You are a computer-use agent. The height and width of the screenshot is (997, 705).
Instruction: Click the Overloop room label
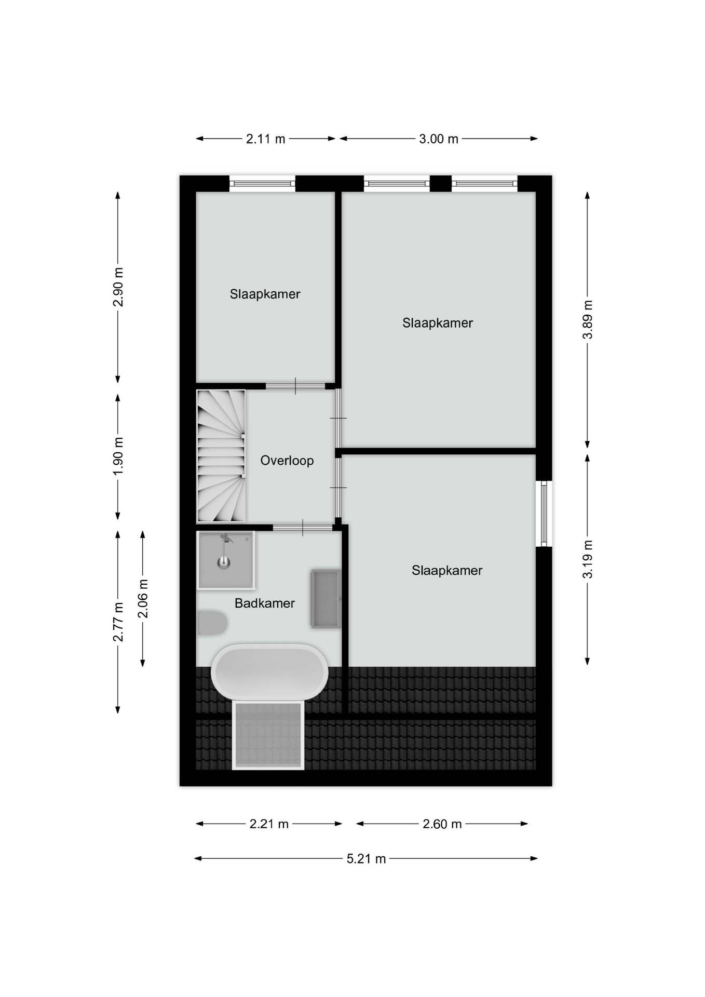pyautogui.click(x=287, y=461)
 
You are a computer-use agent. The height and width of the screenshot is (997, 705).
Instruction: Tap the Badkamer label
pyautogui.click(x=264, y=603)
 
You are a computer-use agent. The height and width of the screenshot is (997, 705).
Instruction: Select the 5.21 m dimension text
pyautogui.click(x=366, y=858)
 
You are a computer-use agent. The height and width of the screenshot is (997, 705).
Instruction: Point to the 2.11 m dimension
pyautogui.click(x=265, y=139)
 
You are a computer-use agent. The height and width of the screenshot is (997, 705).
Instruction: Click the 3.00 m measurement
pyautogui.click(x=439, y=139)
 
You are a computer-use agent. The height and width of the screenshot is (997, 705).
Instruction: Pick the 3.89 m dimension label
pyautogui.click(x=587, y=319)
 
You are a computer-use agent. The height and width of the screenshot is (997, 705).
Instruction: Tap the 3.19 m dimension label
pyautogui.click(x=587, y=559)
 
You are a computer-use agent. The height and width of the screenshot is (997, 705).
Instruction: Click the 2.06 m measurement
pyautogui.click(x=143, y=599)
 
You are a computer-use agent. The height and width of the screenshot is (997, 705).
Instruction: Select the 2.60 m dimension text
pyautogui.click(x=442, y=824)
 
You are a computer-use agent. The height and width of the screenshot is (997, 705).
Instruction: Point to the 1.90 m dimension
pyautogui.click(x=118, y=455)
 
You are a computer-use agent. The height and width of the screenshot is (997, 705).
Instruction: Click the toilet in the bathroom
pyautogui.click(x=212, y=623)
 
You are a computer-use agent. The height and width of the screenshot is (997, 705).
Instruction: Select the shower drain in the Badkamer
pyautogui.click(x=224, y=561)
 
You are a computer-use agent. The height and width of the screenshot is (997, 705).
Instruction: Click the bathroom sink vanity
pyautogui.click(x=326, y=599)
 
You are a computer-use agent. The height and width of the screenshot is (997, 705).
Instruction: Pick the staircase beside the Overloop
pyautogui.click(x=221, y=456)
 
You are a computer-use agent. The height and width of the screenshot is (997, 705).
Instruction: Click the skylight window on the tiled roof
pyautogui.click(x=268, y=735)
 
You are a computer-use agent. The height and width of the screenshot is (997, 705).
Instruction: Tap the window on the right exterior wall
pyautogui.click(x=544, y=514)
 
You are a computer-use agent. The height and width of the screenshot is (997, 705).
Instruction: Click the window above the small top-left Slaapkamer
pyautogui.click(x=262, y=183)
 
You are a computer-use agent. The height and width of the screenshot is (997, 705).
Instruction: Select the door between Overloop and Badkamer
pyautogui.click(x=303, y=528)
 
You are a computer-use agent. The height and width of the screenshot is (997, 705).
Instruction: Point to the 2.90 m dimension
pyautogui.click(x=118, y=287)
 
